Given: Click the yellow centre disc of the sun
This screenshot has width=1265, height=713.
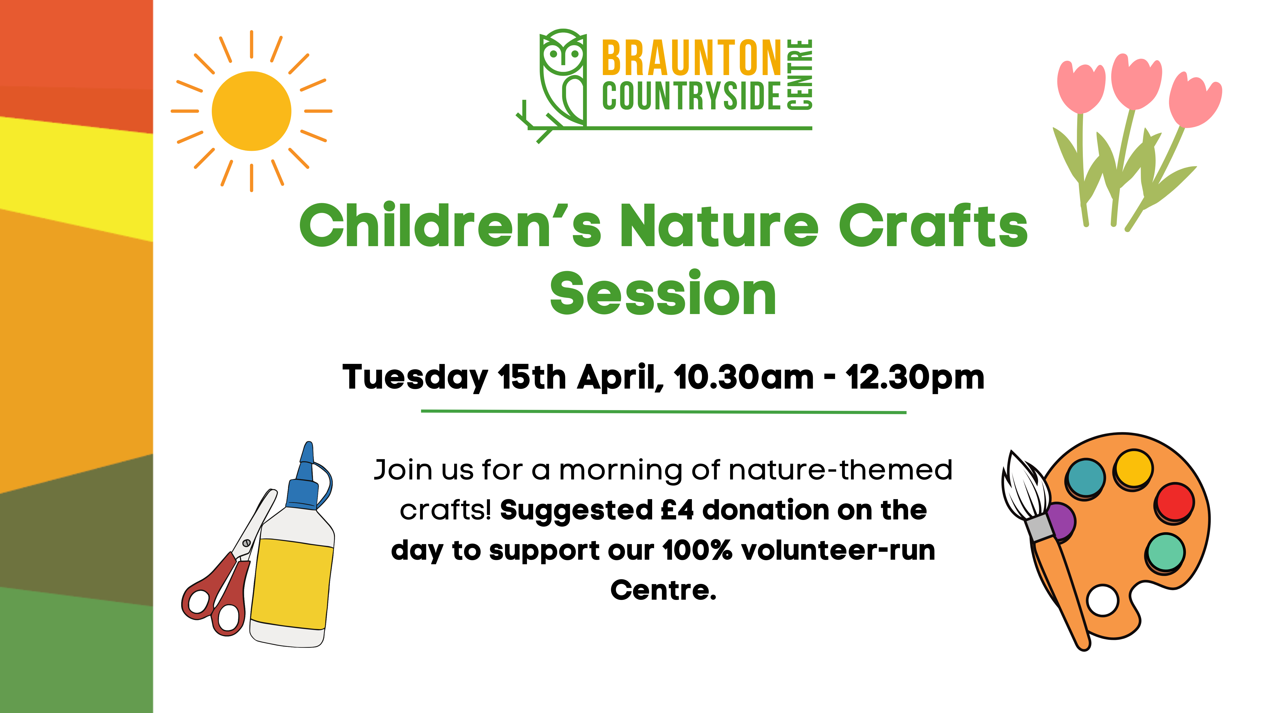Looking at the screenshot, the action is (x=252, y=111).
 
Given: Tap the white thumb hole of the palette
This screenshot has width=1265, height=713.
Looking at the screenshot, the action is (x=1103, y=600).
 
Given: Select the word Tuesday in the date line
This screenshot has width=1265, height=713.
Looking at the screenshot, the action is (x=415, y=378).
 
